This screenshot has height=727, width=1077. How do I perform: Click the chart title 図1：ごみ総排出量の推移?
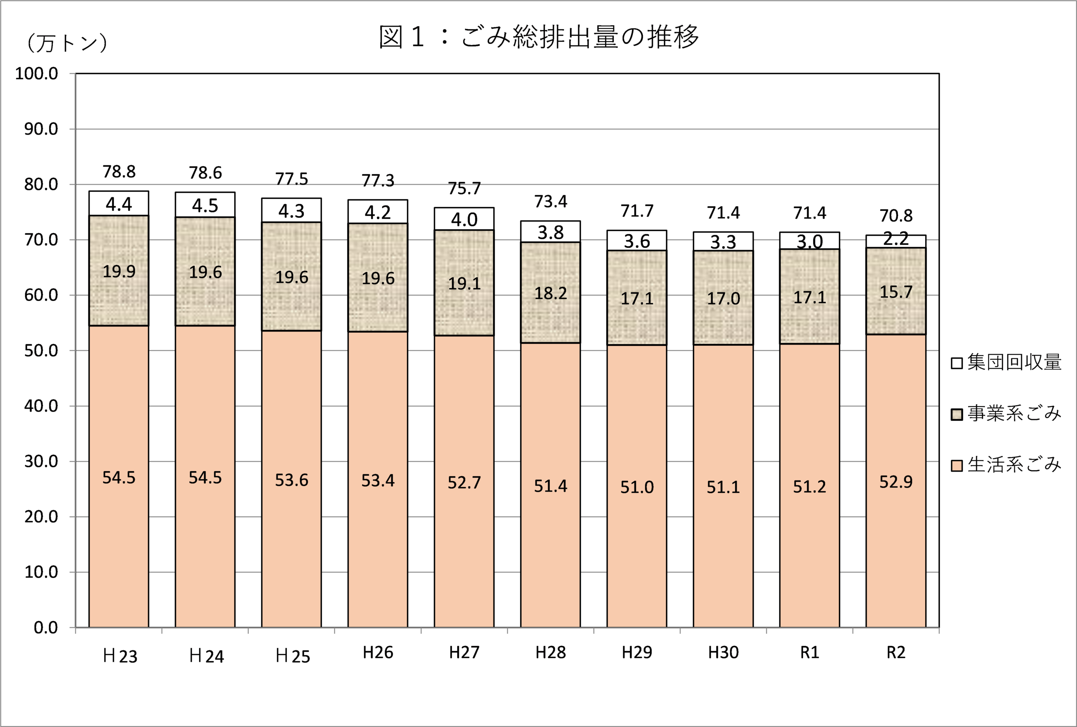[x=538, y=37]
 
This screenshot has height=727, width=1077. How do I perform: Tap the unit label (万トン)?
[x=67, y=43]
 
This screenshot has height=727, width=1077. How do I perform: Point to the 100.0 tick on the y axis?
[x=37, y=74]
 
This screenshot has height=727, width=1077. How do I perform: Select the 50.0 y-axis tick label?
[x=41, y=351]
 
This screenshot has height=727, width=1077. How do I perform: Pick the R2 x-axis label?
[x=896, y=653]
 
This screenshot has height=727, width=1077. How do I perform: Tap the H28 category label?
[x=551, y=653]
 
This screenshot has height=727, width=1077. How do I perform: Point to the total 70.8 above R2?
[x=896, y=216]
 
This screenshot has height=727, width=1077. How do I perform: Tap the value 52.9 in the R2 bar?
[x=896, y=482]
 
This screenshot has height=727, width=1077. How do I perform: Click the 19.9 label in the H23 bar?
[x=119, y=271]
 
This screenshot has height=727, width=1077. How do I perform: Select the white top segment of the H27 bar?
[x=464, y=219]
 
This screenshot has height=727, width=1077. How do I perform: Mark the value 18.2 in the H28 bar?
[x=551, y=293]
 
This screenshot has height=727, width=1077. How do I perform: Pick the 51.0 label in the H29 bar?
[x=637, y=487]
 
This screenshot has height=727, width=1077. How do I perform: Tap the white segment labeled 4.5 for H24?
[x=205, y=205]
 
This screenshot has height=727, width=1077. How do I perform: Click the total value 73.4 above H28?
[x=551, y=202]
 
